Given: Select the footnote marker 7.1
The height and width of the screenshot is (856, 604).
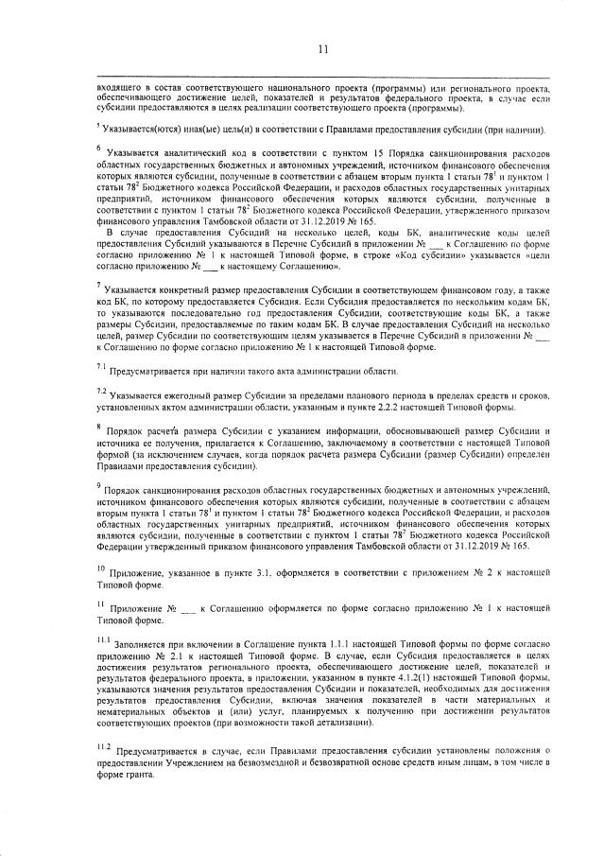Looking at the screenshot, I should click(100, 366).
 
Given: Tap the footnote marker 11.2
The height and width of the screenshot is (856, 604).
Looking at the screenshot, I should click(102, 746).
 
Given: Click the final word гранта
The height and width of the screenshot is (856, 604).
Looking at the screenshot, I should click(150, 776).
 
